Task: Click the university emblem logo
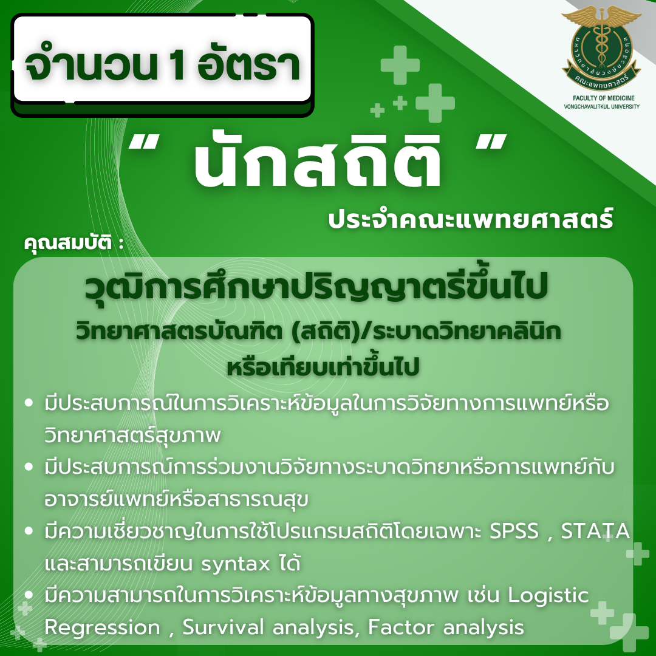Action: [601, 47]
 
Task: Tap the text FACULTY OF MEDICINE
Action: [601, 98]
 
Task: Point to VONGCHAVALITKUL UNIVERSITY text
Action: [601, 107]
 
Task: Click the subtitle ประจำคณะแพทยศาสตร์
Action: [471, 219]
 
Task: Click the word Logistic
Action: [548, 595]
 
